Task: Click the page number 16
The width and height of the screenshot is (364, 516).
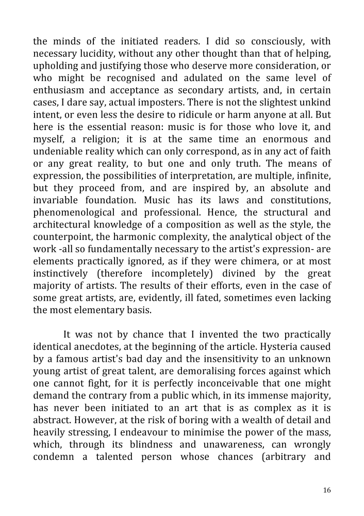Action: (326, 490)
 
